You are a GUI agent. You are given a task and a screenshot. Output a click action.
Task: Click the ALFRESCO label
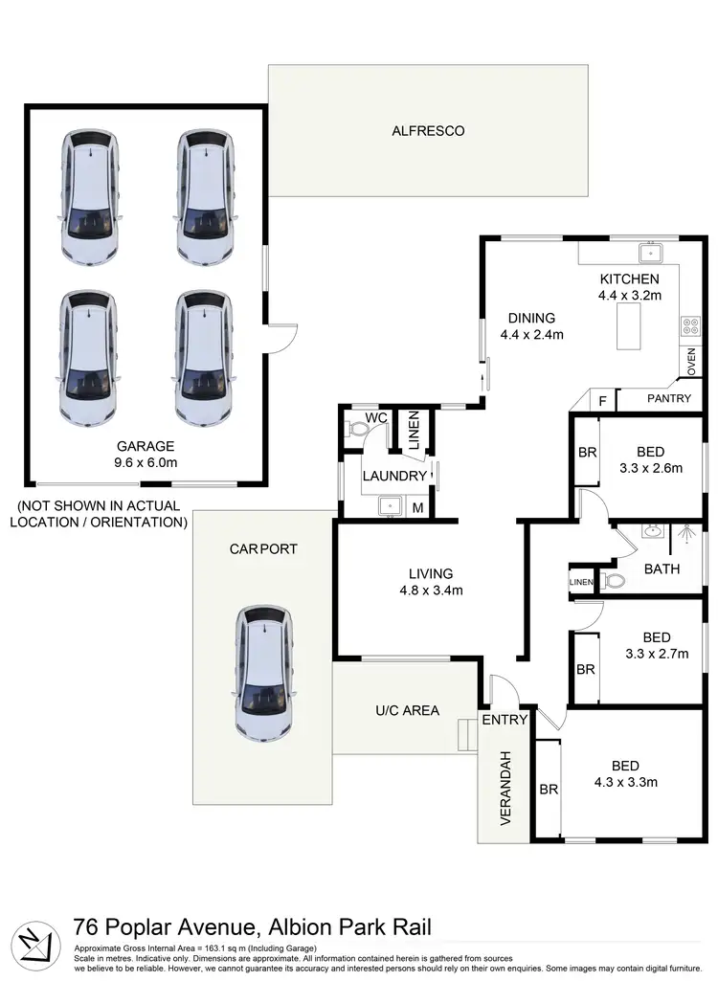[428, 131]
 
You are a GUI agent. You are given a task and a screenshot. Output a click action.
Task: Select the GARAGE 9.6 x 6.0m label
[146, 454]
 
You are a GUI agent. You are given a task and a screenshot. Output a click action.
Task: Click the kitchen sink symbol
[653, 253]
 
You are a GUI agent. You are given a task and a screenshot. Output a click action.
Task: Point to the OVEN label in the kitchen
[691, 362]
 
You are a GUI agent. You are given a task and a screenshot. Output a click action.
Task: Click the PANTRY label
[668, 398]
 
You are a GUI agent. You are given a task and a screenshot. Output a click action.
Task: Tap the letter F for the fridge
[601, 399]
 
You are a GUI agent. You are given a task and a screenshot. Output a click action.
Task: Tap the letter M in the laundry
[417, 507]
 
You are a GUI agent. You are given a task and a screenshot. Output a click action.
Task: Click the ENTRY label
[504, 720]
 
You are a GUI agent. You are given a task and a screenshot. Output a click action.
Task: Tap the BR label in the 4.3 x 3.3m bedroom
[549, 790]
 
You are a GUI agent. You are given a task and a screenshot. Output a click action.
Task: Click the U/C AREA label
[408, 710]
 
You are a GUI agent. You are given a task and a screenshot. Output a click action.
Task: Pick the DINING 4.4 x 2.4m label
[531, 326]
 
